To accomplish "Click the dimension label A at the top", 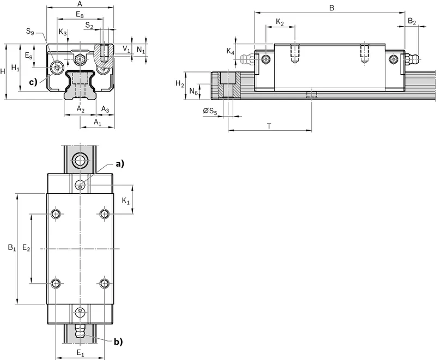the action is (80, 4).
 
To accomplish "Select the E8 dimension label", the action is (80, 15).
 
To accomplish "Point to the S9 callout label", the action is (30, 32).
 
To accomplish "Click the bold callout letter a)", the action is (120, 164).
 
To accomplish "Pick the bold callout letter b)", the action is (118, 341).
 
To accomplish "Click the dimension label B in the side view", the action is (331, 8).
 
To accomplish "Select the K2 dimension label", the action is (280, 22).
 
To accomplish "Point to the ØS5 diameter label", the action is (210, 112).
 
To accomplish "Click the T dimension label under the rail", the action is (269, 127).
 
